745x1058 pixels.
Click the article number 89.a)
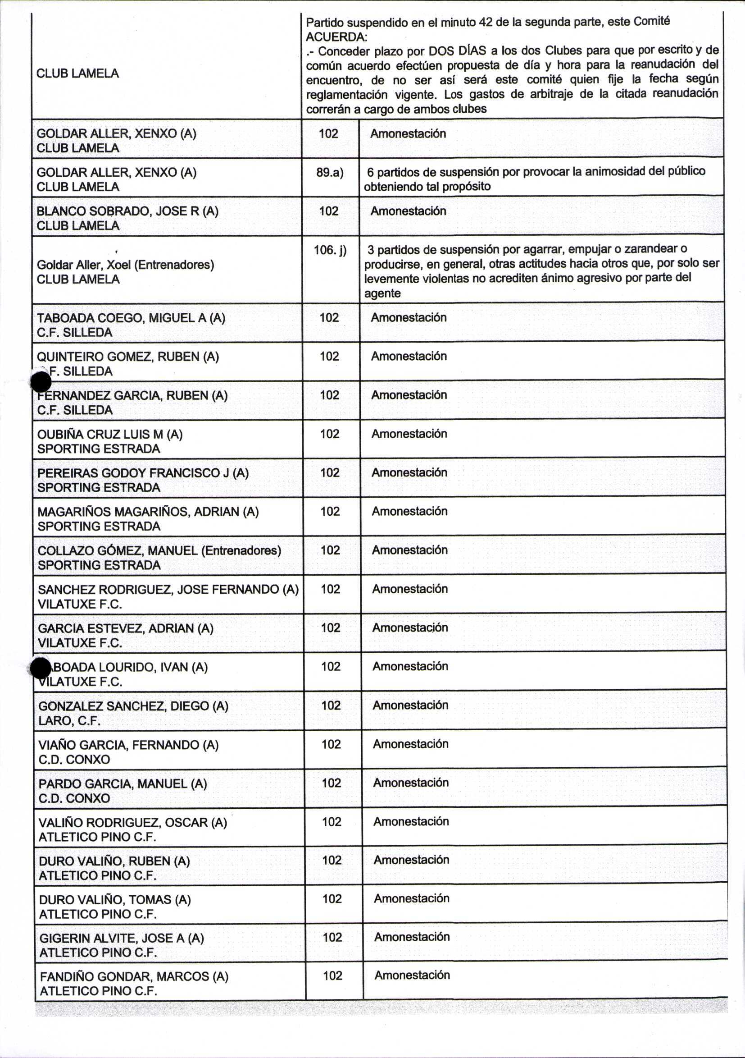click(x=330, y=172)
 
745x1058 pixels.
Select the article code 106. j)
click(x=330, y=250)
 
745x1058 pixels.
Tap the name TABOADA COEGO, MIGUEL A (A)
click(x=131, y=318)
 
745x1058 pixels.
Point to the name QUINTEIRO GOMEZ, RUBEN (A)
click(x=127, y=357)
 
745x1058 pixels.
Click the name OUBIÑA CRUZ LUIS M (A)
click(x=109, y=434)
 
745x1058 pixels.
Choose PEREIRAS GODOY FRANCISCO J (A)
click(x=143, y=473)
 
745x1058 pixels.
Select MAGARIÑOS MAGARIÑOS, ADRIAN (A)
click(x=148, y=512)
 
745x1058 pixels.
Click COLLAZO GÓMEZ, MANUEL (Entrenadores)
click(x=159, y=551)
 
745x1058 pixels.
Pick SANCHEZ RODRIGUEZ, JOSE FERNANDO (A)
click(x=168, y=589)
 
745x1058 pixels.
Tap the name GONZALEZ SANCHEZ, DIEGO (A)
click(x=133, y=706)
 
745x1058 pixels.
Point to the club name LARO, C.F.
click(x=69, y=721)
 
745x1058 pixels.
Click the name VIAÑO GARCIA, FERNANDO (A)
click(x=128, y=745)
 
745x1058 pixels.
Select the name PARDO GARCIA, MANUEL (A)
click(x=123, y=784)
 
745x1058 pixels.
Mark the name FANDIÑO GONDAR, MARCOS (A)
click(x=134, y=976)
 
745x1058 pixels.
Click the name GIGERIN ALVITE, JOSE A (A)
click(x=122, y=938)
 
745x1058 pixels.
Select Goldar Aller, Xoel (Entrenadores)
click(x=125, y=265)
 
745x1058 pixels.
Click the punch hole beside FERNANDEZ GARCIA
click(x=41, y=381)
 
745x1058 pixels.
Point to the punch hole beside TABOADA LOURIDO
click(x=40, y=668)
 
